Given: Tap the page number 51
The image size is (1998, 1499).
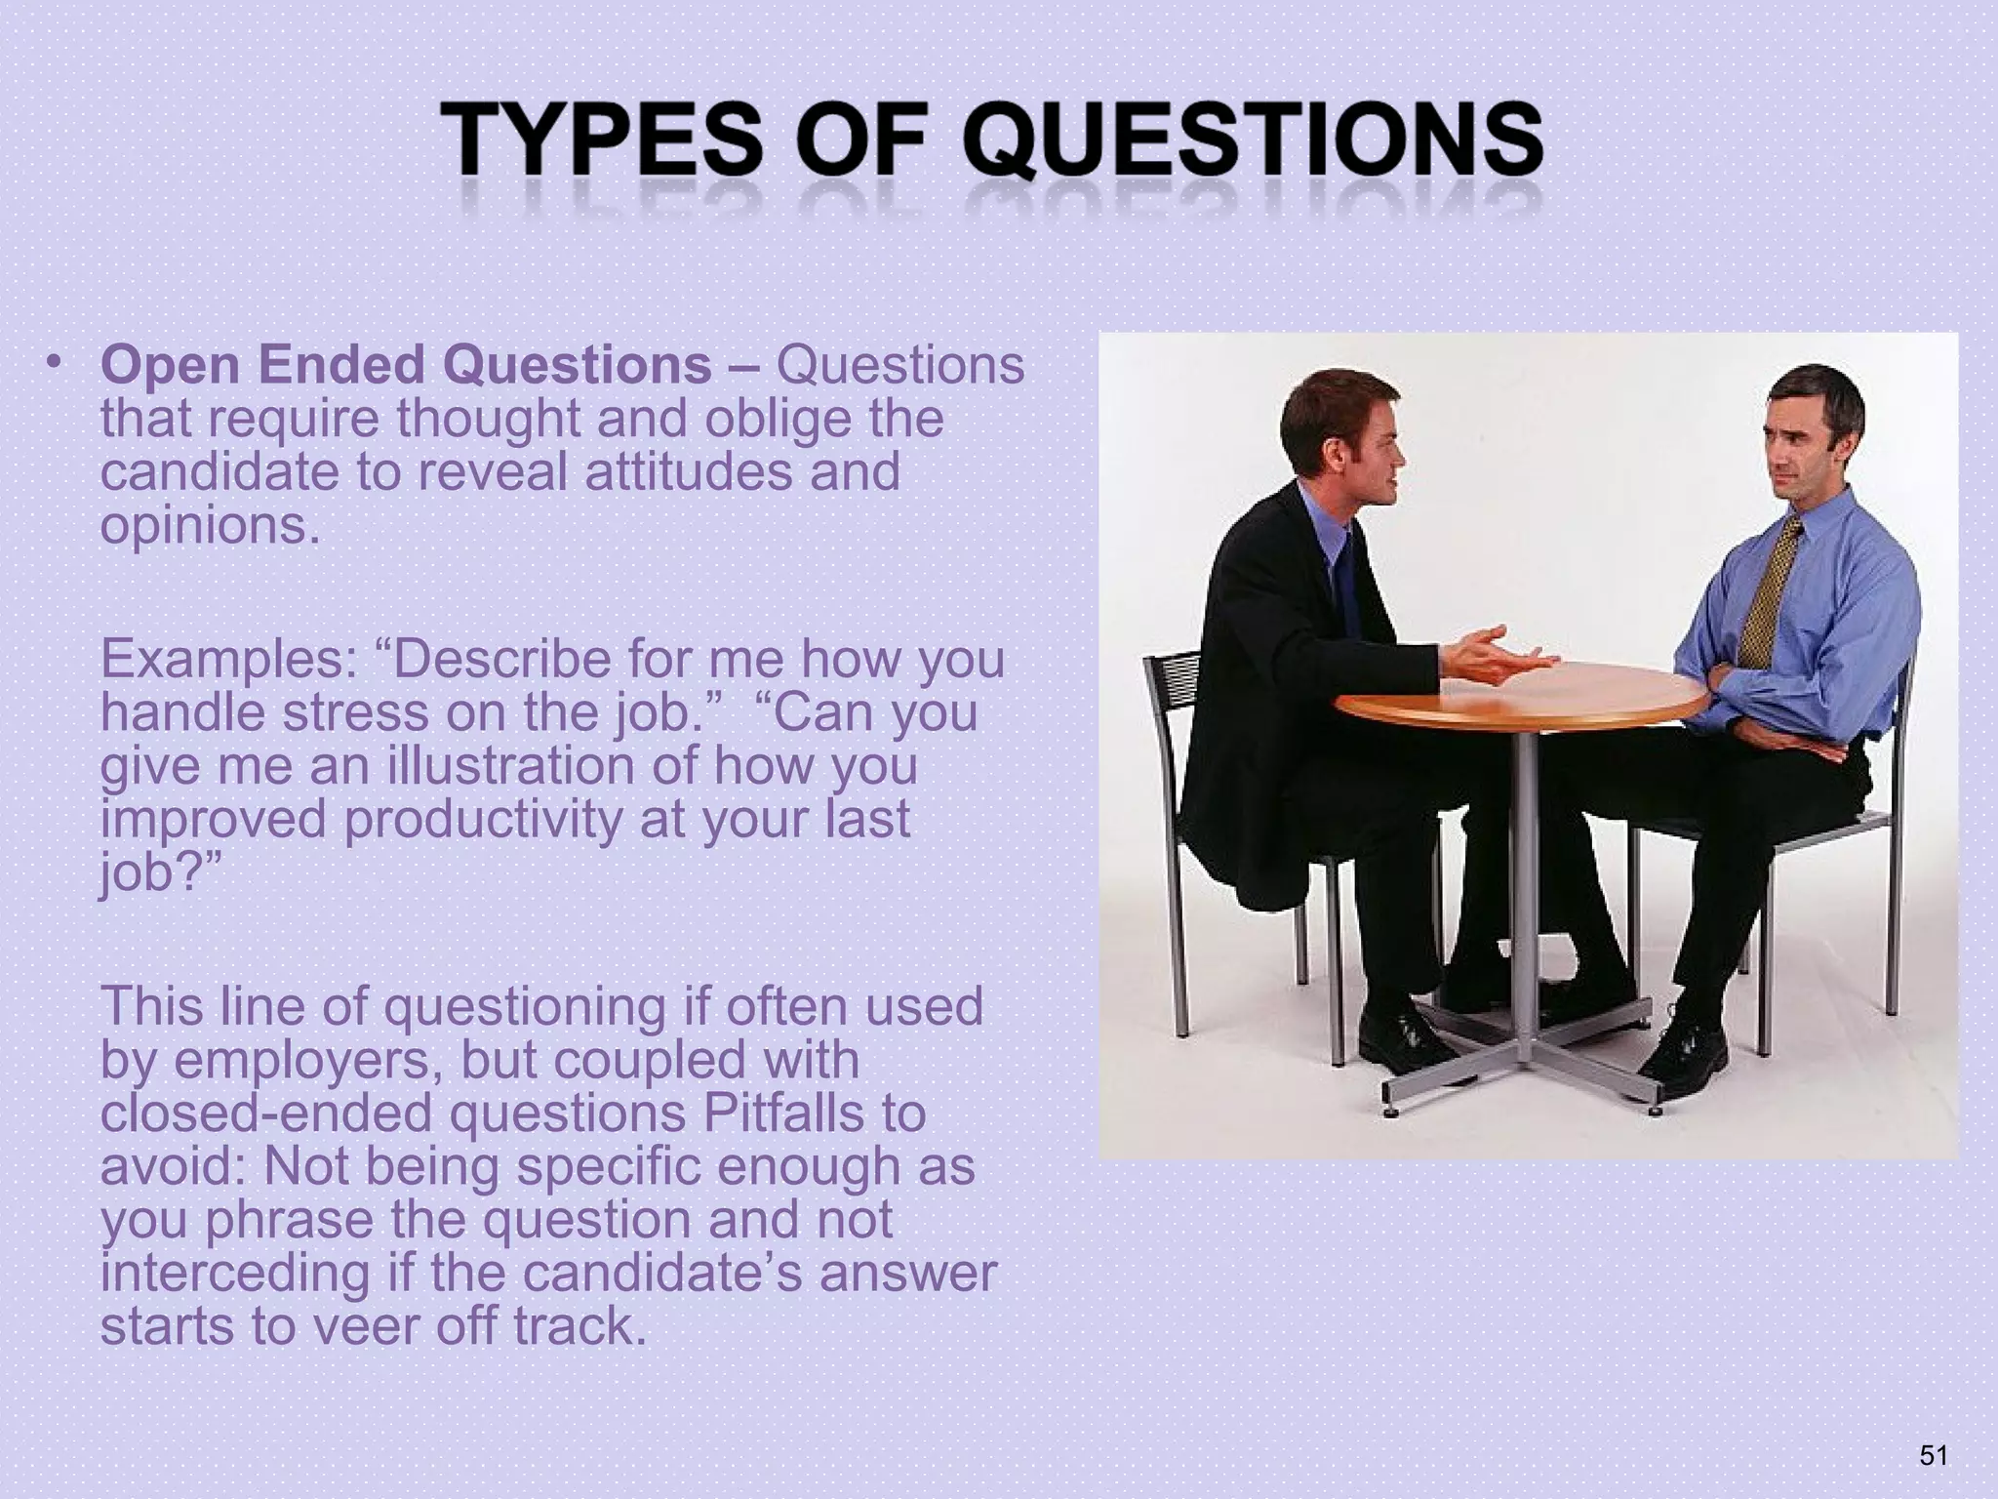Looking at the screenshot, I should click(1932, 1455).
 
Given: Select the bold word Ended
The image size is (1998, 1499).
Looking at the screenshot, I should click(341, 365).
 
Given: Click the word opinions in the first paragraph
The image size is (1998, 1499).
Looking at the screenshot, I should click(210, 526).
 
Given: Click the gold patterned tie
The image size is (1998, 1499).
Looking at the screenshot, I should click(1770, 595).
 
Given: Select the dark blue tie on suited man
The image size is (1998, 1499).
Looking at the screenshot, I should click(1347, 586).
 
